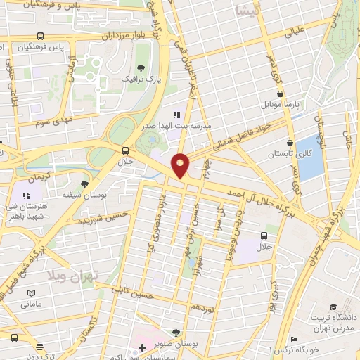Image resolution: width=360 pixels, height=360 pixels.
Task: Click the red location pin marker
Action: click(181, 165)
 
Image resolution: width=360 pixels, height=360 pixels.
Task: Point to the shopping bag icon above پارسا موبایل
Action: click(281, 93)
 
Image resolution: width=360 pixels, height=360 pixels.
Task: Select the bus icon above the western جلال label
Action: click(126, 150)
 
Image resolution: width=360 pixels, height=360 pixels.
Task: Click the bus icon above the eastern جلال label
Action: click(264, 236)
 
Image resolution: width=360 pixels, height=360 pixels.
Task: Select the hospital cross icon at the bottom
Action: click(143, 348)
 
